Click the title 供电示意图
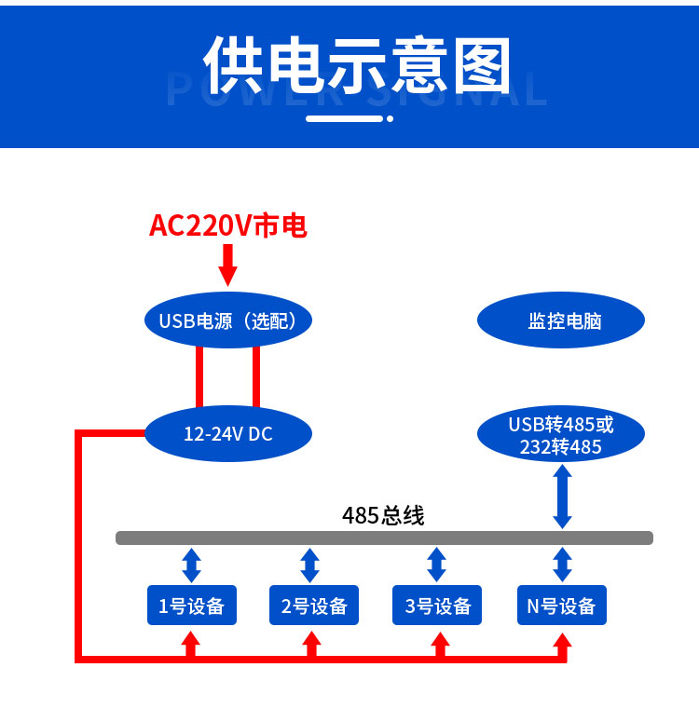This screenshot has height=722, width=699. point(357,64)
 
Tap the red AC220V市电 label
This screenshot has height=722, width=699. point(228,225)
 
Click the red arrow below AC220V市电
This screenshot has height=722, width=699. point(227,266)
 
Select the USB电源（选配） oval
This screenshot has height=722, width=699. point(228,320)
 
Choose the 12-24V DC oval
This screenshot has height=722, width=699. point(228,433)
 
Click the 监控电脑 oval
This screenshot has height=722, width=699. point(561,320)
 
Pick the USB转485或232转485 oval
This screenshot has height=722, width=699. point(561,433)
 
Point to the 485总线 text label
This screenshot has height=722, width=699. point(383,515)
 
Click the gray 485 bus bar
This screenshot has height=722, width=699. point(384,538)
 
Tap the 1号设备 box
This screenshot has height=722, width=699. point(192,605)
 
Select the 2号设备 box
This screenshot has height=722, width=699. point(314,605)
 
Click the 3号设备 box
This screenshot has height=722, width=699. point(437,605)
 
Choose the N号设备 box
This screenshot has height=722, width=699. point(562,605)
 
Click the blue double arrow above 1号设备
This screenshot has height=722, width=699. point(191,565)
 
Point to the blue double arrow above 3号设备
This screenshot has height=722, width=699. point(436,565)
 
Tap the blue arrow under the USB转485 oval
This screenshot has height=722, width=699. point(562,497)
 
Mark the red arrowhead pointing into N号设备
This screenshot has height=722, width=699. point(562,641)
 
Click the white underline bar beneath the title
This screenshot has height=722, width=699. point(344,119)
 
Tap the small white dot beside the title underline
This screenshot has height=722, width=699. point(390,119)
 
